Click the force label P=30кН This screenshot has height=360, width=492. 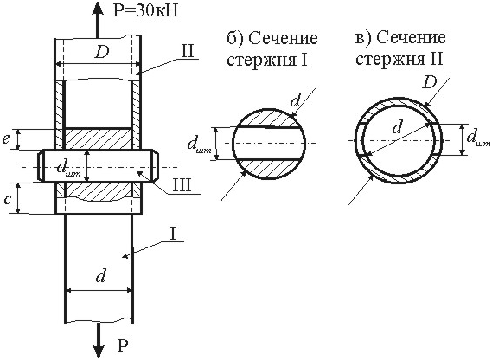145,10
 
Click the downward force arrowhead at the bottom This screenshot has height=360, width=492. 99,349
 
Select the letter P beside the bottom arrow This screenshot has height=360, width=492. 124,346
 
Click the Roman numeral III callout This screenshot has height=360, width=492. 182,185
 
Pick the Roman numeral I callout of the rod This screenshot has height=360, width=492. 174,235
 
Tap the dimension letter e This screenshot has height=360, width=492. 6,138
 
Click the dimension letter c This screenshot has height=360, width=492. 7,200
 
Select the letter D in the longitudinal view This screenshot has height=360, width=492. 102,52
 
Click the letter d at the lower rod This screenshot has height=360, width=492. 100,275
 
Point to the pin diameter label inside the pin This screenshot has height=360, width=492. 67,170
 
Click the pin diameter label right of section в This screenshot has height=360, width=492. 478,138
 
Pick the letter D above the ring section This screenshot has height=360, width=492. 430,83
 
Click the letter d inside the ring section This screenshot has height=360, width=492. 398,127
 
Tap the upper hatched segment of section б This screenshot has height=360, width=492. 269,118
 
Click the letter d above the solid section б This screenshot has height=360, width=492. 295,100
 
